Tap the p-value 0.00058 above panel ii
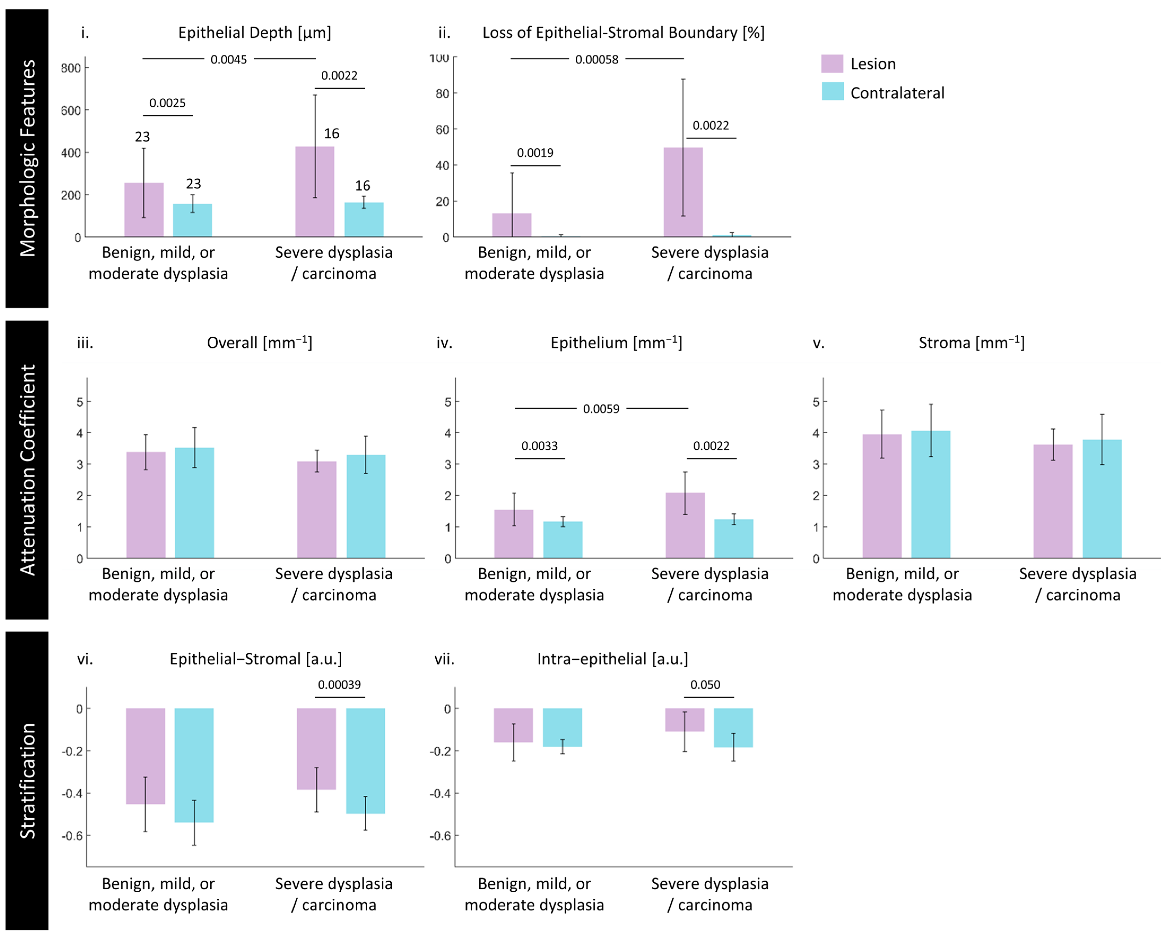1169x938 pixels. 596,59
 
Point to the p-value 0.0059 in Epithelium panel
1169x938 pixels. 601,409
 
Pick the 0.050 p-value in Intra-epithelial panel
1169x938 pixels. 705,685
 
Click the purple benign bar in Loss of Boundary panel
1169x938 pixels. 511,225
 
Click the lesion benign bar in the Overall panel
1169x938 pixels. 146,504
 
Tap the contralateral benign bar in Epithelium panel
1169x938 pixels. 563,540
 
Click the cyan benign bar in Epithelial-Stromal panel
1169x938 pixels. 194,765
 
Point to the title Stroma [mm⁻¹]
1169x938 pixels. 971,343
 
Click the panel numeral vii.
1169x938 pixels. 444,659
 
